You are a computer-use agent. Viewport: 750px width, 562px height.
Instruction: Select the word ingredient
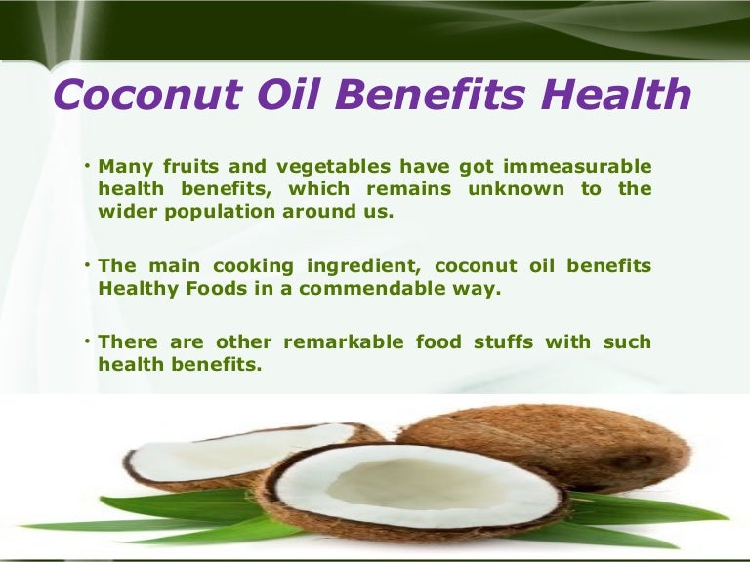click(354, 265)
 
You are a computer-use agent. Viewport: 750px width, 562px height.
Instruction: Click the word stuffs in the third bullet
click(511, 341)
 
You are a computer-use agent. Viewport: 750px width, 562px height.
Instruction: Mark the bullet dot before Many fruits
click(88, 164)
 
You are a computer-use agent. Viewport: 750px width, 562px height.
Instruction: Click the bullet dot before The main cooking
click(88, 263)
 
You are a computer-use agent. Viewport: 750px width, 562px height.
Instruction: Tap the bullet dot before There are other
click(88, 340)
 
